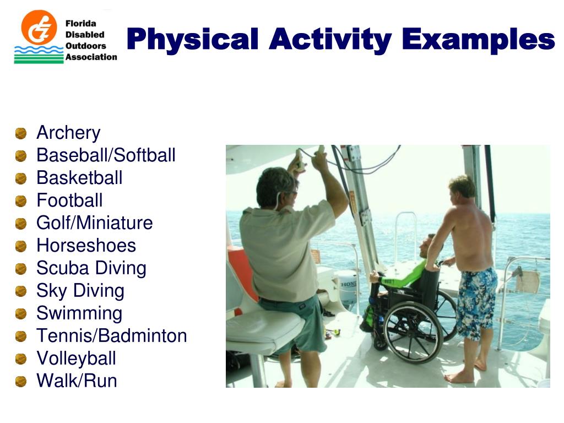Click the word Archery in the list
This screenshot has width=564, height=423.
[x=68, y=133]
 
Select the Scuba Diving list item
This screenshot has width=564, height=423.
[x=91, y=269]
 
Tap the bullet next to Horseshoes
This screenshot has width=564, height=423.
[x=21, y=246]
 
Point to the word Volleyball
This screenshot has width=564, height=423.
[x=76, y=359]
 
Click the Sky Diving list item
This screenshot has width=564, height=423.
[x=80, y=291]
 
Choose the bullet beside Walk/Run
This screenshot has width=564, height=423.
[x=21, y=381]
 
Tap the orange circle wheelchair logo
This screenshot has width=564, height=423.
[x=39, y=28]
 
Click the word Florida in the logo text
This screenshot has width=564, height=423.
[x=81, y=24]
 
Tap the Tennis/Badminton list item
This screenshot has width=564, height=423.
[x=111, y=336]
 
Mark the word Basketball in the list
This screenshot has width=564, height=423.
[x=79, y=178]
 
